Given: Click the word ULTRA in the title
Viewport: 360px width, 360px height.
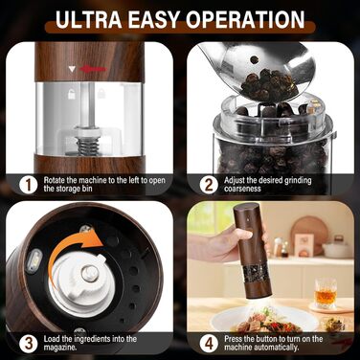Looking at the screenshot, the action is (89, 19).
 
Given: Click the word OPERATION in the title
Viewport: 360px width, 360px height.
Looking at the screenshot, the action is (246, 19).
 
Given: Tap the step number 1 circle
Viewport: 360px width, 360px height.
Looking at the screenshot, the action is (29, 185).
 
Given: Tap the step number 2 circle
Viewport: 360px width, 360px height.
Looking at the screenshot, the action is (209, 185).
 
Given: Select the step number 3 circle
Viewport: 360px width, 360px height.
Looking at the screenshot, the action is (29, 344).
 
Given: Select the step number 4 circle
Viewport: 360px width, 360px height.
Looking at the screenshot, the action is (209, 344).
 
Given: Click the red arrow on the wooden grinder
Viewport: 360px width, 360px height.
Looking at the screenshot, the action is (93, 69).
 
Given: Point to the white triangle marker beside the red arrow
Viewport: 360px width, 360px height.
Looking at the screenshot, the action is (73, 69).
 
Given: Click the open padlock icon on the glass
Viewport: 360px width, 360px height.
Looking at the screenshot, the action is (70, 94).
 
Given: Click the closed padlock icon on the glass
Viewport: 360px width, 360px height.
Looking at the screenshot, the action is (101, 94).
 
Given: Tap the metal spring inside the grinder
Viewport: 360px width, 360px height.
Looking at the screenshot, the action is (88, 146).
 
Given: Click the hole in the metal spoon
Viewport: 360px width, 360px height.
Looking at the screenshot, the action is (255, 59).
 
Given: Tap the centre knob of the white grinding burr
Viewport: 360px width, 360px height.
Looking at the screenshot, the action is (90, 273).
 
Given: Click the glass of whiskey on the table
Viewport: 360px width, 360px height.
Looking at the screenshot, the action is (326, 294).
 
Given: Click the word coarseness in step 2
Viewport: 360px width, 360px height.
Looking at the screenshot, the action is (242, 189).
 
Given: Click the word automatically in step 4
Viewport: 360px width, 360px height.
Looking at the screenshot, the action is (261, 348).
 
